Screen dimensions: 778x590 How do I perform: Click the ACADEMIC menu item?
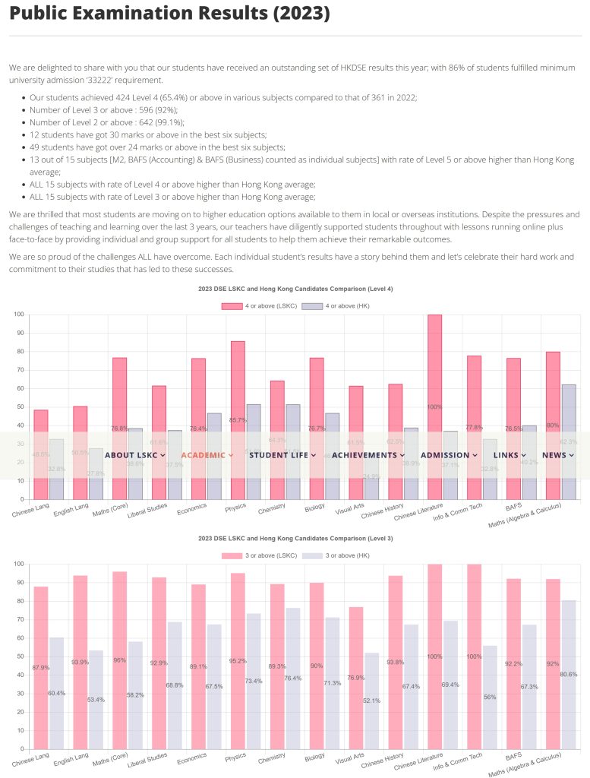207,455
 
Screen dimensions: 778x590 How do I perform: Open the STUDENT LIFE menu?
282,455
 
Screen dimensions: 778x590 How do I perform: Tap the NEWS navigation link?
557,455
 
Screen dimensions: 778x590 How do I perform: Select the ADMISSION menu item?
449,455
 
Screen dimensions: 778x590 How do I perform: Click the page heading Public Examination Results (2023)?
170,14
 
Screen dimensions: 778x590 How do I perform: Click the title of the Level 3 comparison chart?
295,538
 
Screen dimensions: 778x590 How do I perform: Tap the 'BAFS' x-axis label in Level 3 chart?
515,757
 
